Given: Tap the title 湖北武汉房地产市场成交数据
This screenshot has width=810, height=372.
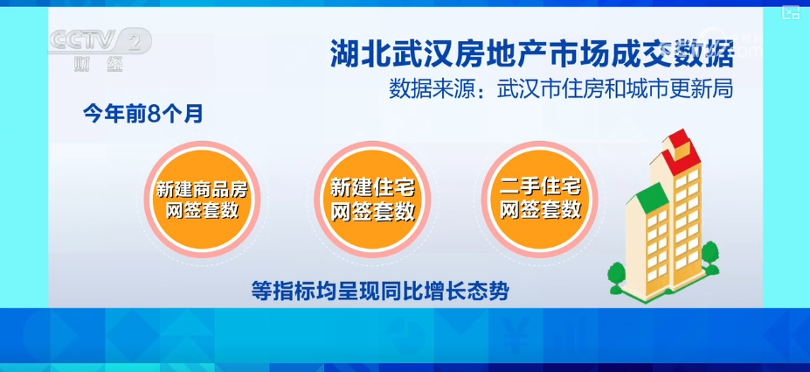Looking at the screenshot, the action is coord(532,53).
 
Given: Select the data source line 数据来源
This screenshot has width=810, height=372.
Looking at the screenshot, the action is coord(562,89).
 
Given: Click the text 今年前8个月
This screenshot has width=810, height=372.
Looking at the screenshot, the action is coord(142,115).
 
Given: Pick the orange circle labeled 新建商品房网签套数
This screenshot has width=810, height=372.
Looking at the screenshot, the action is coord(202,200).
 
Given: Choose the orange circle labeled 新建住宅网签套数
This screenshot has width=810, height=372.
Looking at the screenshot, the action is coord(372,200).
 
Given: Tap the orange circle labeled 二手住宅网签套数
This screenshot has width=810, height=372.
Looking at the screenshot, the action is coord(540,200).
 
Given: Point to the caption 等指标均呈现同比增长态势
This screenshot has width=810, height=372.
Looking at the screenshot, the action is coord(381,291).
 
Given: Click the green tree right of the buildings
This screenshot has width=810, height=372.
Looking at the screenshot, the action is coord(710,257).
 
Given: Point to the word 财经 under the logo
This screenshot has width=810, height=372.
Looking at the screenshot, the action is coord(98,64).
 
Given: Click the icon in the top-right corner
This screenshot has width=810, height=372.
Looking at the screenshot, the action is coord(791,13).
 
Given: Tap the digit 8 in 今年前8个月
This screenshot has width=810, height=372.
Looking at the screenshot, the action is coord(152,115).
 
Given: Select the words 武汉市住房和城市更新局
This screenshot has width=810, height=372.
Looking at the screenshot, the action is coord(615,89).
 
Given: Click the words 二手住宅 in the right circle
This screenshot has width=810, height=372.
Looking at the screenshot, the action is coord(540,187).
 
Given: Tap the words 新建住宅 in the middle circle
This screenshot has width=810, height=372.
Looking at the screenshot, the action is coord(372,188).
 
